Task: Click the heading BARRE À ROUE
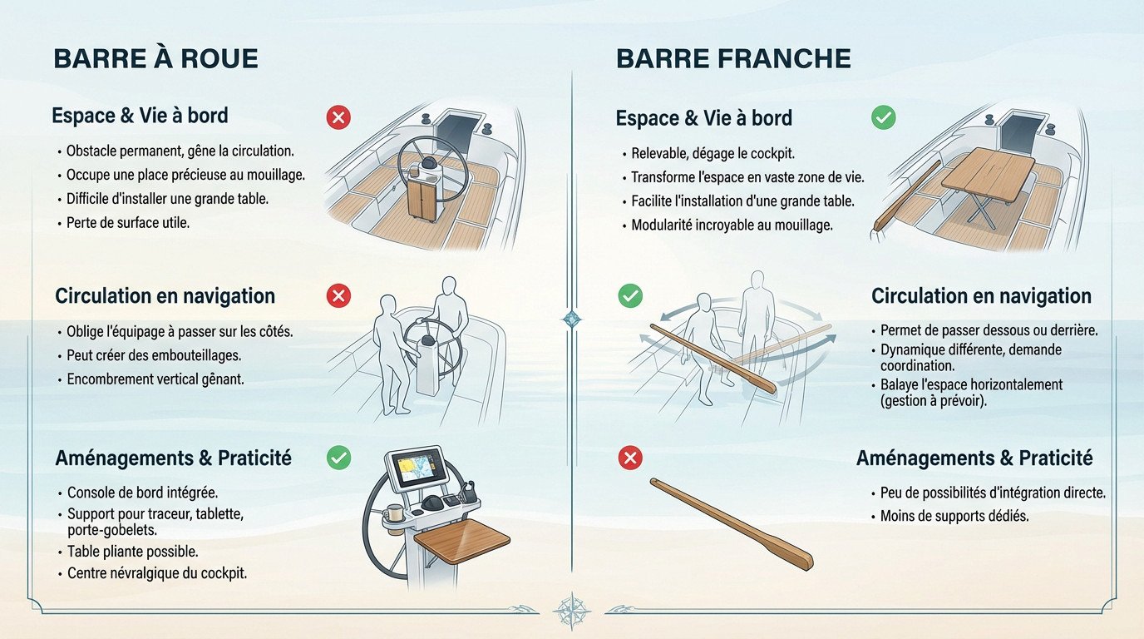coord(155,58)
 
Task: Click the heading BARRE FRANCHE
coord(733,58)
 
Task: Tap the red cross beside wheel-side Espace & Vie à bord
coord(338,118)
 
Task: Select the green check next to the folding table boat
coord(883,118)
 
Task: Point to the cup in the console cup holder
coord(394,511)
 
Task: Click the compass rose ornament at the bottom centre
coord(571,610)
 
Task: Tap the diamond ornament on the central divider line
coord(572,319)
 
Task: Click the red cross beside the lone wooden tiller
coord(631,457)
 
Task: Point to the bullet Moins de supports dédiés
coord(954,517)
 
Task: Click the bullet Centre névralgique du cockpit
coord(157,573)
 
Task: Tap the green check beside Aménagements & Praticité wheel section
coord(338,457)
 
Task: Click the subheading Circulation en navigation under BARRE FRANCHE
coord(981,296)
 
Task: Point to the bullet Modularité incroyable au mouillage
coord(732,225)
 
